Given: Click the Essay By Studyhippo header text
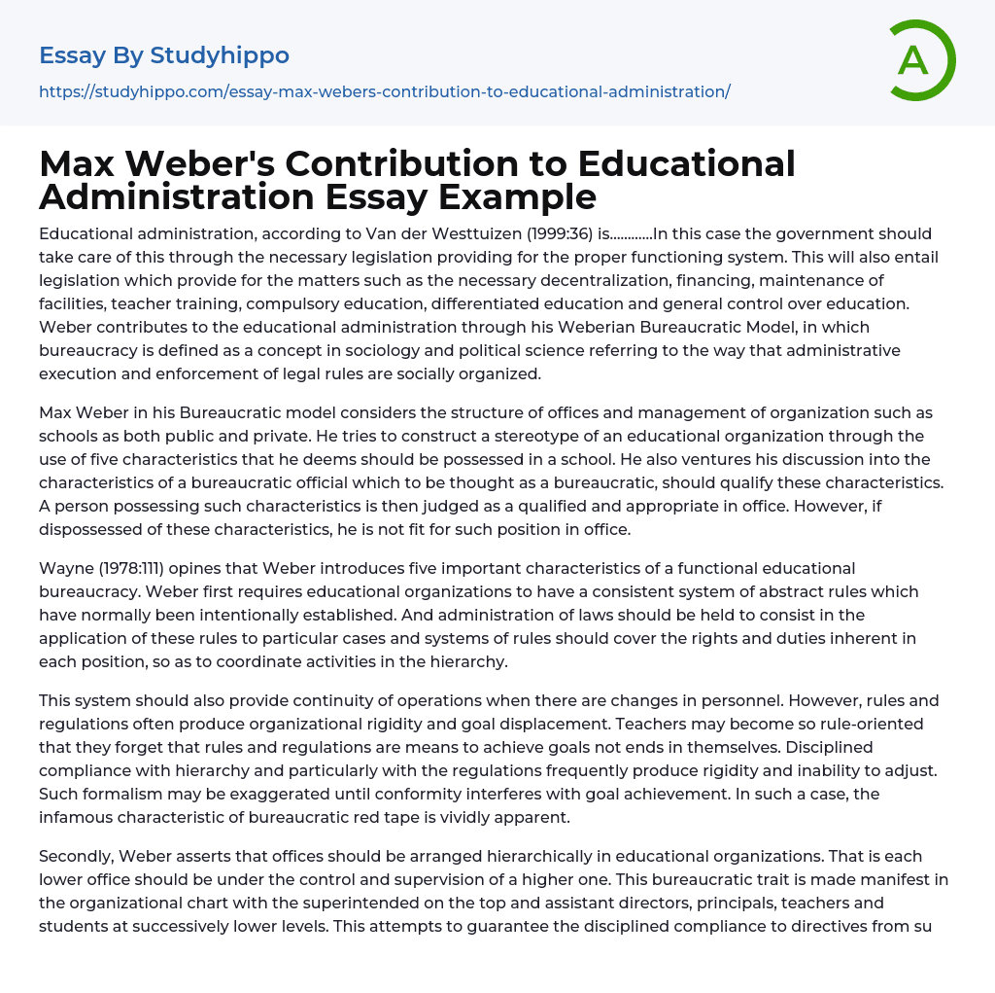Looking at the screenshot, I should click(164, 55).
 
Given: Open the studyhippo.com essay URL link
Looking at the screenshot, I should click(385, 91).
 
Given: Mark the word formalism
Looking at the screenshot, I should click(120, 794).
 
